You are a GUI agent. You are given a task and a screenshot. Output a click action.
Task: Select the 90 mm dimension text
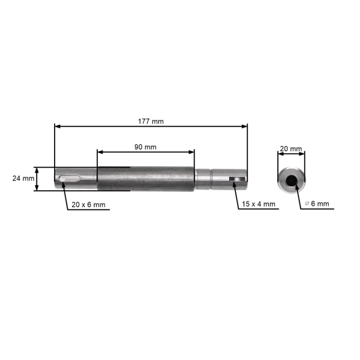pos(145,146)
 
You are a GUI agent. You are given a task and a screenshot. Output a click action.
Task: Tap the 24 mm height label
pos(23,179)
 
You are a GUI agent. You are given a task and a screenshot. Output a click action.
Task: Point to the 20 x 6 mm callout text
pos(88,205)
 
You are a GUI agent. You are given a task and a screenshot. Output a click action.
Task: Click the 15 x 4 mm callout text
pos(259,204)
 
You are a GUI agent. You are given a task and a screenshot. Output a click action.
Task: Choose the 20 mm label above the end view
pos(291,148)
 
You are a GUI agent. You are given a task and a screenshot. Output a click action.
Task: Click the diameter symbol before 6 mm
pos(307,204)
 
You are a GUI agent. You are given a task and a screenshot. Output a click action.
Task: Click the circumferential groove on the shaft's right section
pos(211,179)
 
